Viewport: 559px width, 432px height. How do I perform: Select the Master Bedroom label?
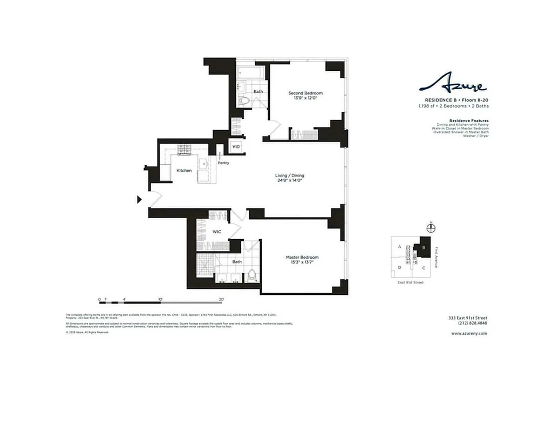[302, 257]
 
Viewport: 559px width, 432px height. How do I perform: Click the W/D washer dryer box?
[236, 147]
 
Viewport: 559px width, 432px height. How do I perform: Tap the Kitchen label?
[184, 171]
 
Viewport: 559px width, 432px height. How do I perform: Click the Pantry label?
[223, 163]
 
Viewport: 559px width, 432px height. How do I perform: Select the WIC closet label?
[217, 232]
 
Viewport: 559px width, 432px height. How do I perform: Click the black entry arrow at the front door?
[139, 200]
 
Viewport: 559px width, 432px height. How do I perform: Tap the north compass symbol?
[430, 228]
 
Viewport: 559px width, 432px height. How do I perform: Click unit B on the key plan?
[424, 248]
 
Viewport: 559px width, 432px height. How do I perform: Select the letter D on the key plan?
[400, 267]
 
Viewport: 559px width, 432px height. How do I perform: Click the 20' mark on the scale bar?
[221, 298]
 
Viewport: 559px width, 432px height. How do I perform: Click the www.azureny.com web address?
[469, 333]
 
